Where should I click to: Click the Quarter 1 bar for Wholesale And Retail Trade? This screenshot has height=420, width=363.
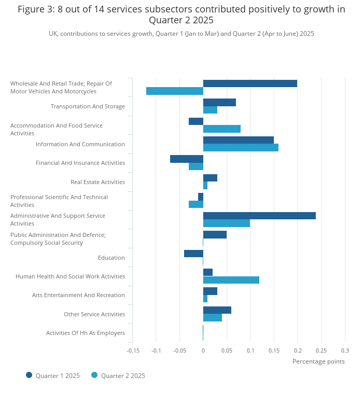coord(250,83)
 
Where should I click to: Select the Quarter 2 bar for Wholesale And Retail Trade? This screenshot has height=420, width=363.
coord(175,91)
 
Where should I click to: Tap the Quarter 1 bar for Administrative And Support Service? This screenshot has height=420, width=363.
coord(260,216)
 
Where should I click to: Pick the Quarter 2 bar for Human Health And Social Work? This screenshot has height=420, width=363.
coord(231,280)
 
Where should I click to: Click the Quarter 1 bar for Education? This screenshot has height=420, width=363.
coord(194,254)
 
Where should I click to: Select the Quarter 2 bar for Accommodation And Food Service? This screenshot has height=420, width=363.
coord(222,129)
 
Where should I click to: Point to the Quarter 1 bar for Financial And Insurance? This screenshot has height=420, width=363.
coord(187,159)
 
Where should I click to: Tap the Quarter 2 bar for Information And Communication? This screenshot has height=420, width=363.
coord(241,148)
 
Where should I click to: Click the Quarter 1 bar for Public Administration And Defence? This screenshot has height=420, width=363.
coord(215,235)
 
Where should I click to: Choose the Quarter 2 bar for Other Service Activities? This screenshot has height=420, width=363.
coord(213,318)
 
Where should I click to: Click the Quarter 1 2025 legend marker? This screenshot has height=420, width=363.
coord(29,375)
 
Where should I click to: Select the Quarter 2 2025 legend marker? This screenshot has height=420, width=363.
coord(94,375)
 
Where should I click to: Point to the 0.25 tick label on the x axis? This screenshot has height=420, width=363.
coord(321,351)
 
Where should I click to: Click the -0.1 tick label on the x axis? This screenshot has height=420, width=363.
coord(156,351)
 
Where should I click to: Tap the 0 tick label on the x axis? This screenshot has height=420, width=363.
coord(203,351)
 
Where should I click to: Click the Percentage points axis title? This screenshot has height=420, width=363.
coord(318,361)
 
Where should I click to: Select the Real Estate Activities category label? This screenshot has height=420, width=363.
coord(98,182)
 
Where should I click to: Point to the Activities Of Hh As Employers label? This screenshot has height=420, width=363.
coord(86,333)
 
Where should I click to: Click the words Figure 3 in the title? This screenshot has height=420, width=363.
coord(35,9)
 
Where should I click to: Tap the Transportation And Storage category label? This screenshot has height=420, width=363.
coord(88,106)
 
